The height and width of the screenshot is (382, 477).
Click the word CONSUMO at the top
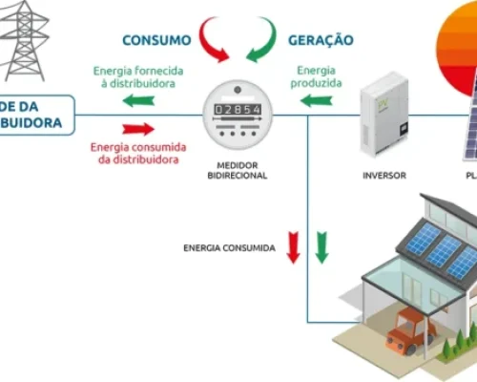click(x=156, y=40)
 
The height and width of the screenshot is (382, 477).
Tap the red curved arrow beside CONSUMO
click(x=214, y=40)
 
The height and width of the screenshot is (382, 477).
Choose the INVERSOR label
click(x=385, y=175)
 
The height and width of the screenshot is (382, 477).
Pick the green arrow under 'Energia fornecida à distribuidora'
click(x=137, y=99)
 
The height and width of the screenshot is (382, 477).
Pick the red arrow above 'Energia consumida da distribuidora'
click(x=137, y=128)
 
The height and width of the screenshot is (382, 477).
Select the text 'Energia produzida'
click(x=316, y=77)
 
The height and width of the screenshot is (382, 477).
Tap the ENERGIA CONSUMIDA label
click(x=229, y=248)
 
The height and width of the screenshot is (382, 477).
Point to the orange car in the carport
click(x=407, y=329)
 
